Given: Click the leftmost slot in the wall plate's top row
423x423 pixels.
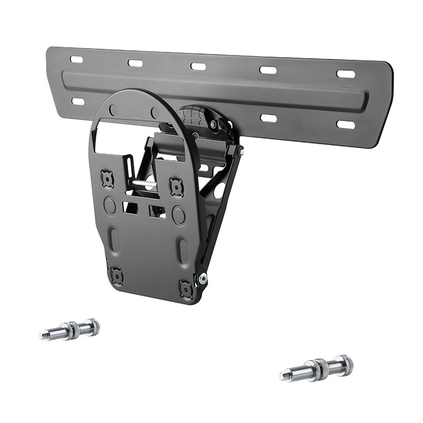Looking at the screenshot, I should click(77, 59).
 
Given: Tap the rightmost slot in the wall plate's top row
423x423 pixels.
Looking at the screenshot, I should click(346, 73).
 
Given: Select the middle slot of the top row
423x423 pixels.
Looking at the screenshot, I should click(198, 67).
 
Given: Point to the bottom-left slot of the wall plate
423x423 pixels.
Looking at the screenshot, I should click(78, 101).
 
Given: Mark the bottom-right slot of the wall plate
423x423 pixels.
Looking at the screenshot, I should click(346, 125).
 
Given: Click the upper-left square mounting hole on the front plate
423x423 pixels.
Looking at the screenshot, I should click(108, 179).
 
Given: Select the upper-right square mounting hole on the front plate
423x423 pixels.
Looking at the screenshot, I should click(176, 186).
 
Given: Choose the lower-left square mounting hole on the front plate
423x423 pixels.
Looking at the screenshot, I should click(116, 275).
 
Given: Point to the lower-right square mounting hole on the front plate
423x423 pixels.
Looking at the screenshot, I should click(186, 289).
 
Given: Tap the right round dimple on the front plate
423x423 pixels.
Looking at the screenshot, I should click(179, 215).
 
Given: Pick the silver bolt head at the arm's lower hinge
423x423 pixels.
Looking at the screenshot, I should click(203, 279).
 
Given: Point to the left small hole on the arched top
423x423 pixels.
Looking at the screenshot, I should click(113, 110).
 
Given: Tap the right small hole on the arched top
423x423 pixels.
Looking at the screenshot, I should click(155, 113).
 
